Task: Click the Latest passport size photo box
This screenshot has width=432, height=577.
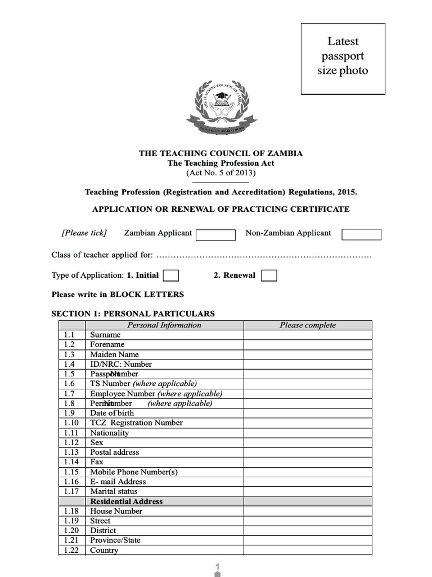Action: pyautogui.click(x=343, y=59)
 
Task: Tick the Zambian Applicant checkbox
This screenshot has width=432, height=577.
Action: pyautogui.click(x=215, y=234)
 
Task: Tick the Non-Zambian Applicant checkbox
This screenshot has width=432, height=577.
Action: pyautogui.click(x=361, y=234)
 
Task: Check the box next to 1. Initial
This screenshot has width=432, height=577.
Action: pyautogui.click(x=171, y=276)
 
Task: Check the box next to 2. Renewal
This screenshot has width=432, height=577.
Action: pyautogui.click(x=269, y=276)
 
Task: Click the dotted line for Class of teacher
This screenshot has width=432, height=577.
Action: pyautogui.click(x=263, y=256)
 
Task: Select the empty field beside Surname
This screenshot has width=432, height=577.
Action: pyautogui.click(x=307, y=335)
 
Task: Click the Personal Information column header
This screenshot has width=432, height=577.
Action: pyautogui.click(x=164, y=325)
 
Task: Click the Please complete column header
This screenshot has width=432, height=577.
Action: pyautogui.click(x=307, y=325)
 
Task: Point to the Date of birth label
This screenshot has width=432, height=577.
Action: pyautogui.click(x=112, y=413)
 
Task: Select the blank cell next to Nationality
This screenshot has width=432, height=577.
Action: pyautogui.click(x=307, y=433)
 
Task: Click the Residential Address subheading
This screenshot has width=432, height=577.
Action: pyautogui.click(x=127, y=501)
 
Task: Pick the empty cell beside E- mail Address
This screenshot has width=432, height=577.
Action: pyautogui.click(x=307, y=482)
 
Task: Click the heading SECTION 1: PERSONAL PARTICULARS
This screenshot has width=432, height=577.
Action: pyautogui.click(x=133, y=314)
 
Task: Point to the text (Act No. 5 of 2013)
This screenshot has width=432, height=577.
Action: pyautogui.click(x=220, y=173)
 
